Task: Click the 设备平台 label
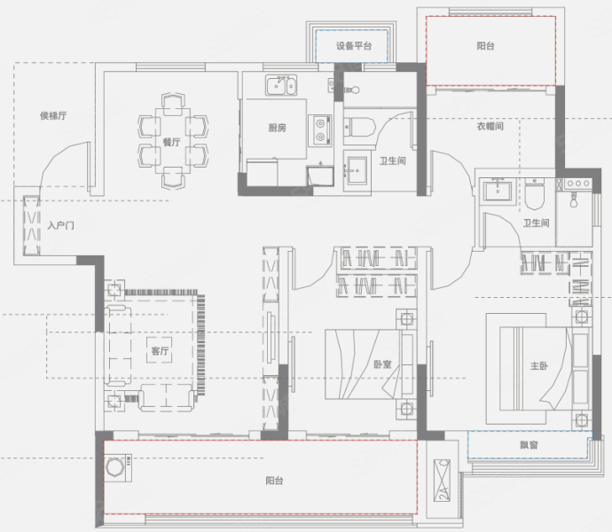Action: point(354,46)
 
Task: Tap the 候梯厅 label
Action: point(53,115)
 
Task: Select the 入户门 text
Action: point(60,225)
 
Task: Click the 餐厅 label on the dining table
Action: point(172,142)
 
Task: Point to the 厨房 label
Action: point(277,128)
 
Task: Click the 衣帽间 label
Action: point(490,126)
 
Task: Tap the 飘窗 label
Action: point(529,444)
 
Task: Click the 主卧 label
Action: point(539,365)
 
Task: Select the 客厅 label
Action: point(160,350)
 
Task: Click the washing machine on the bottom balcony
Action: point(118,466)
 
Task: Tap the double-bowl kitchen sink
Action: point(281,85)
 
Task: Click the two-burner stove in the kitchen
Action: point(320,130)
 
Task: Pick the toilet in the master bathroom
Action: point(534,194)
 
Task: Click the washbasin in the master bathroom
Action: point(498,191)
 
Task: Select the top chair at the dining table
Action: point(173,104)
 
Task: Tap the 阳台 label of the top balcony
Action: point(485,46)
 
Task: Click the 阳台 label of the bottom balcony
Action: point(274,481)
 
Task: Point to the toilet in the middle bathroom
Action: point(359,127)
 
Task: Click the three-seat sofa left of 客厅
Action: point(118,346)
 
